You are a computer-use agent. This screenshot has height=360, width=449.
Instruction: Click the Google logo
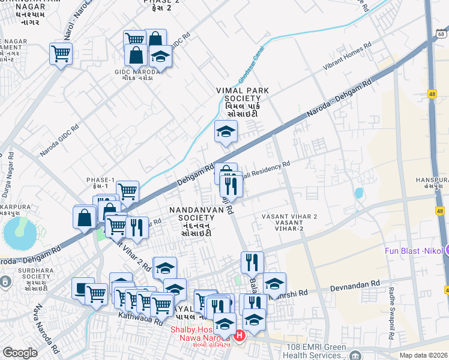20,353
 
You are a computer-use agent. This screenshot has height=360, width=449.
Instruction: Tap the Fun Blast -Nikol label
414,250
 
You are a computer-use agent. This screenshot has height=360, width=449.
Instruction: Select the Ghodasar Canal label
252,70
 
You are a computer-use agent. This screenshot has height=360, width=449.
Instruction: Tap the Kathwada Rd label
140,317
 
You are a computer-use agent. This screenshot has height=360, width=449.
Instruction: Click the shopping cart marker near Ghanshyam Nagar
61,53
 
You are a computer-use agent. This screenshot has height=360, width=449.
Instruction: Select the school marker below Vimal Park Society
226,132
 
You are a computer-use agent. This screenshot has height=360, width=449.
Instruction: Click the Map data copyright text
424,355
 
